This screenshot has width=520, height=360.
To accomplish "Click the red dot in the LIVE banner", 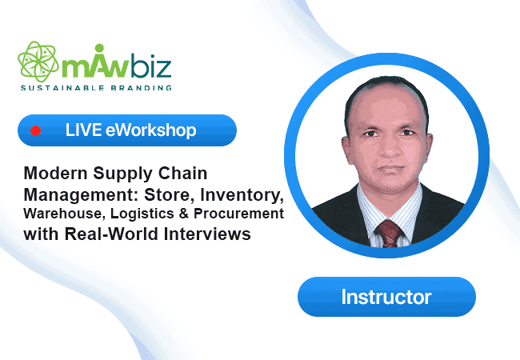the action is click(x=35, y=130).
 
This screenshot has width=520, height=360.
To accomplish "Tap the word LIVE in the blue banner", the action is click(x=83, y=130).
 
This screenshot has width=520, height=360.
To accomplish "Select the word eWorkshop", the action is click(x=151, y=130).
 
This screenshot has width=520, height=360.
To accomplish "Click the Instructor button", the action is click(x=386, y=297).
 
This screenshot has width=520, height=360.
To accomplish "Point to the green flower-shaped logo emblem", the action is click(x=38, y=62).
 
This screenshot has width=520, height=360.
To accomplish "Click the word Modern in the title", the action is click(x=55, y=173).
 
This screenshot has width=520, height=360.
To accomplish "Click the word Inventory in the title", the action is click(x=242, y=194).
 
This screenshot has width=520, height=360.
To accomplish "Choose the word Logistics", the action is click(x=142, y=214).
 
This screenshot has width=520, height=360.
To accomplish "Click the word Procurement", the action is click(x=238, y=214).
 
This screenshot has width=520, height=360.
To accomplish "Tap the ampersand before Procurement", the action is click(x=184, y=214).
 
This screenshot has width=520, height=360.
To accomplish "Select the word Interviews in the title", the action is click(x=207, y=234).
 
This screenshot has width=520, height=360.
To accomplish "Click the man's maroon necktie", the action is click(x=389, y=234).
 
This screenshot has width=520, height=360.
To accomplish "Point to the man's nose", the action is click(x=390, y=148).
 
